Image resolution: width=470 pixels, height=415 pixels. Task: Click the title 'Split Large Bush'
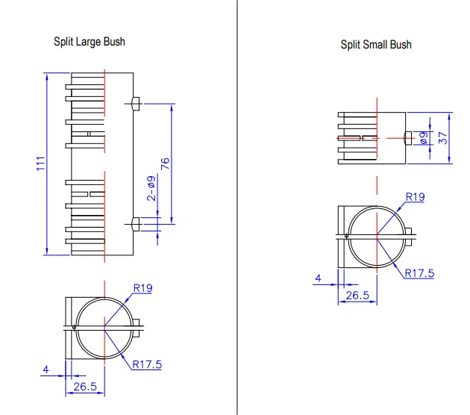90,42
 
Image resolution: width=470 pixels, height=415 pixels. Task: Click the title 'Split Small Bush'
376,45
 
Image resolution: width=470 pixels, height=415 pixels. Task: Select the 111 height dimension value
42,164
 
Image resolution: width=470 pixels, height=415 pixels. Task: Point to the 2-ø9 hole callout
151,188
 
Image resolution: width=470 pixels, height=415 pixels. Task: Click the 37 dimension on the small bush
443,138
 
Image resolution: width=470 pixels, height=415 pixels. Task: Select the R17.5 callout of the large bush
147,364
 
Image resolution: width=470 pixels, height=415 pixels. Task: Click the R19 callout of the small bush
415,197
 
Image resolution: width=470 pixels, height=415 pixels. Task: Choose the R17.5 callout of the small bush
420,273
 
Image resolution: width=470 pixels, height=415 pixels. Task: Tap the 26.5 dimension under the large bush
86,386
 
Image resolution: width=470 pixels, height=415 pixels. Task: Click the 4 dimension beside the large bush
46,369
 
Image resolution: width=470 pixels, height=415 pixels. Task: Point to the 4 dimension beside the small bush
319,278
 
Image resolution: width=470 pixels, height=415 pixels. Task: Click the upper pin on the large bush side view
134,102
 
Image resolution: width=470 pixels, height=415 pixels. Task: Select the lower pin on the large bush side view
134,223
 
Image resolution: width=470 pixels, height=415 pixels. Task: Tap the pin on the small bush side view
407,137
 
